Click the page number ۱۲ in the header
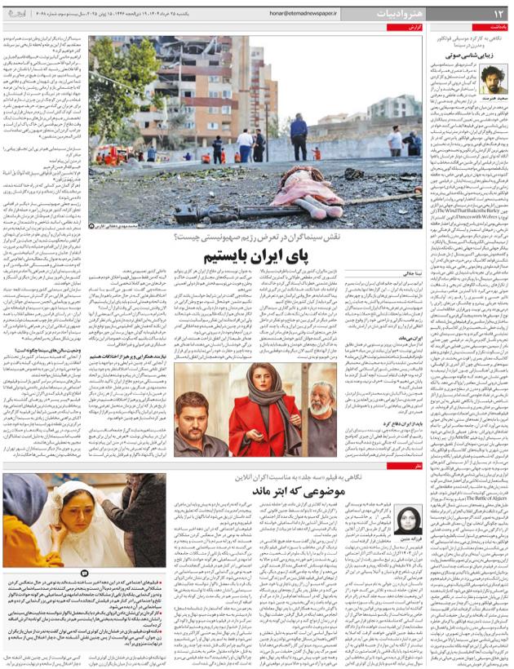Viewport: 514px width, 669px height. click(x=497, y=14)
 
